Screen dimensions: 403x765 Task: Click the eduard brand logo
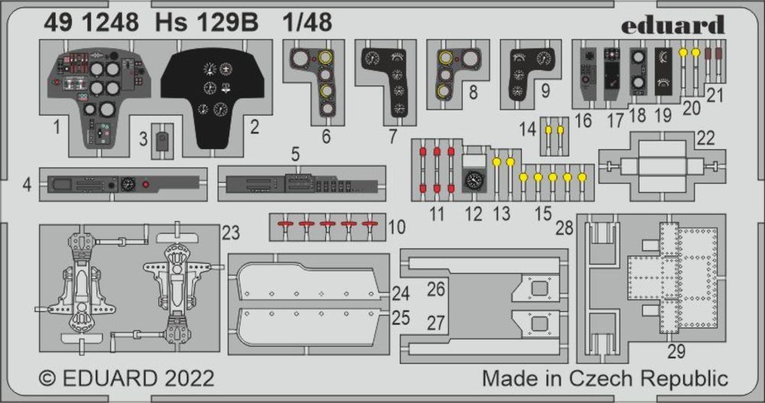(672, 24)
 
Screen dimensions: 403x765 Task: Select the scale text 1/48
(306, 23)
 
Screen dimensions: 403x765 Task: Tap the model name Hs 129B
(204, 23)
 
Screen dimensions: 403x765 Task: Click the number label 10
(397, 226)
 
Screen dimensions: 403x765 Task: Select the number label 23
(231, 232)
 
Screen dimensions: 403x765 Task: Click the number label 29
(676, 352)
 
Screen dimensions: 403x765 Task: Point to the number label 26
(435, 289)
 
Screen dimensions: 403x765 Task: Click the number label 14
(528, 130)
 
